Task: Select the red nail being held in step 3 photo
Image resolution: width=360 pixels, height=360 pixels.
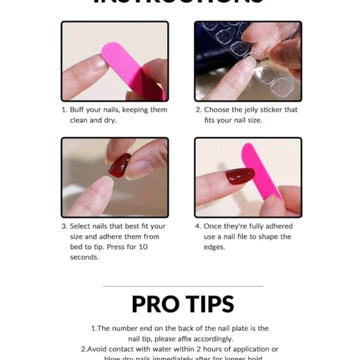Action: point(119,165)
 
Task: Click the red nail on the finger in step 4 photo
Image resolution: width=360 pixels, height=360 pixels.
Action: point(241,177)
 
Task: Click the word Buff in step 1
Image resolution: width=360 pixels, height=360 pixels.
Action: point(77,110)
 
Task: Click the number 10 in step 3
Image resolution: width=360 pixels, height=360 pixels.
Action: point(143,247)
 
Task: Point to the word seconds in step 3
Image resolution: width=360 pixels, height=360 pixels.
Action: point(84,257)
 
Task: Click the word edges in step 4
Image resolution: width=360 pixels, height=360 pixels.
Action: point(215,247)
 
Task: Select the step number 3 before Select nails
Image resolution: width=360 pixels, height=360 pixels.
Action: point(63,227)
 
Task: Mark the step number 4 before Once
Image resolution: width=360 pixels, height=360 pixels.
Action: point(197,227)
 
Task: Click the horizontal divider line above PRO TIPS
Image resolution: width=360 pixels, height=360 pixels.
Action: point(182,286)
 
